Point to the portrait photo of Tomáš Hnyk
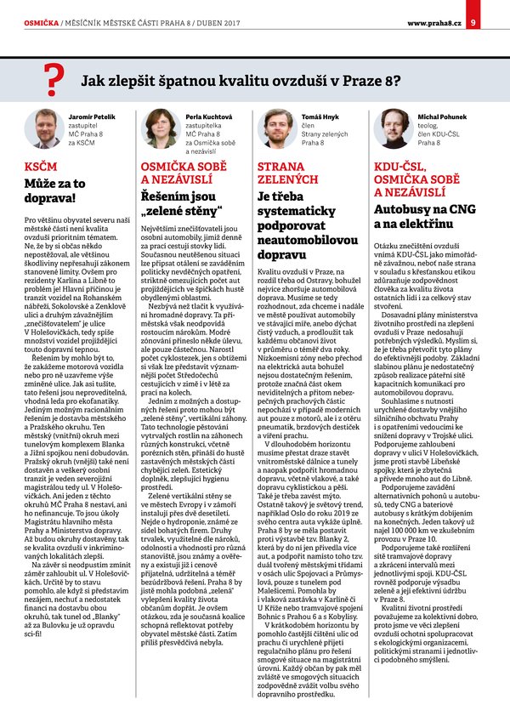275,128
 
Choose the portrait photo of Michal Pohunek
392,128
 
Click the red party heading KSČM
41,167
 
